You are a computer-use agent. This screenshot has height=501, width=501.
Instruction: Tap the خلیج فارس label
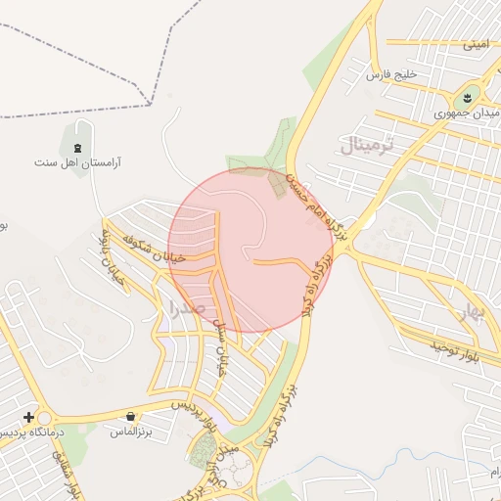click(391, 74)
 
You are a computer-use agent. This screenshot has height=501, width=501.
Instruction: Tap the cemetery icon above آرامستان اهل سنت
click(76, 148)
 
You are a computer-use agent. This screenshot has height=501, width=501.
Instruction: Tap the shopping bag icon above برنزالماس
click(131, 416)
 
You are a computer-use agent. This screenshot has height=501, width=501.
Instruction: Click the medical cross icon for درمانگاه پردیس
click(28, 417)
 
